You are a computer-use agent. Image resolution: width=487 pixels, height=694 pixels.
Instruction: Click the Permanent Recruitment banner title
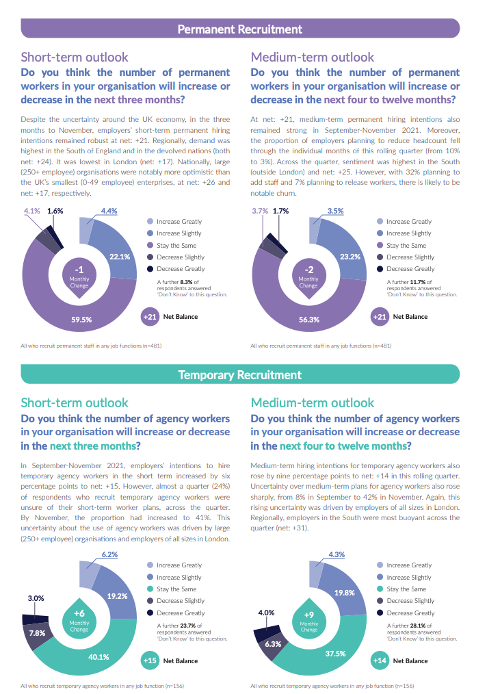pos(240,29)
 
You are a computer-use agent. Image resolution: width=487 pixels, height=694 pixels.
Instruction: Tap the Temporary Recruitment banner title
pos(240,375)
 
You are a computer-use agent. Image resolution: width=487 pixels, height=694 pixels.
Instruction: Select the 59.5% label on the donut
pos(81,320)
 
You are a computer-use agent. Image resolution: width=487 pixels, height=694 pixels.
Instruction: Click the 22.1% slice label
pos(120,257)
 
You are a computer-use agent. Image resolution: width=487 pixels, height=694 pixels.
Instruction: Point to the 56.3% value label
pos(309,320)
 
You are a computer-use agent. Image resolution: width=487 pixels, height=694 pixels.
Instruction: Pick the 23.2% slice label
pos(350,257)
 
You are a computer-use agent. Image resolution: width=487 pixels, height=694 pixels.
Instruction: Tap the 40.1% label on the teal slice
pos(98,657)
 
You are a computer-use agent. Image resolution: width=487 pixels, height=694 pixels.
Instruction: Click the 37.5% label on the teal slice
pos(336,654)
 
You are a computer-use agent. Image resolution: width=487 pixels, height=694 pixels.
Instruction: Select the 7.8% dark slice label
pos(37,633)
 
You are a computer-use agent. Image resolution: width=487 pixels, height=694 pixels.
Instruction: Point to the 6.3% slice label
pos(273,644)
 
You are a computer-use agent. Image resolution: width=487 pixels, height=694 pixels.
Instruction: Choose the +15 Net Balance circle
pos(150,660)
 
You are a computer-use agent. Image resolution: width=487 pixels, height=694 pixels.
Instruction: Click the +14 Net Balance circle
pos(380,660)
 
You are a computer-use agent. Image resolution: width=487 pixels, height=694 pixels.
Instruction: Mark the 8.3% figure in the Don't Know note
pos(187,282)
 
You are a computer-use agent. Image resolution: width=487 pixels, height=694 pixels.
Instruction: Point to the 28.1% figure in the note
pos(418,626)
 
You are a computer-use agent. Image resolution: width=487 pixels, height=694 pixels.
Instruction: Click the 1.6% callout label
pos(55,211)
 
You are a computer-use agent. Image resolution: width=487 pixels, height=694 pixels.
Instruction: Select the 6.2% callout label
pos(109,554)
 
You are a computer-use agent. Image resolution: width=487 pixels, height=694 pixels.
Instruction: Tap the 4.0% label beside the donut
pos(266,613)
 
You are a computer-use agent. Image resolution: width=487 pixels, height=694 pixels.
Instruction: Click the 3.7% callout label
pos(260,211)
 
